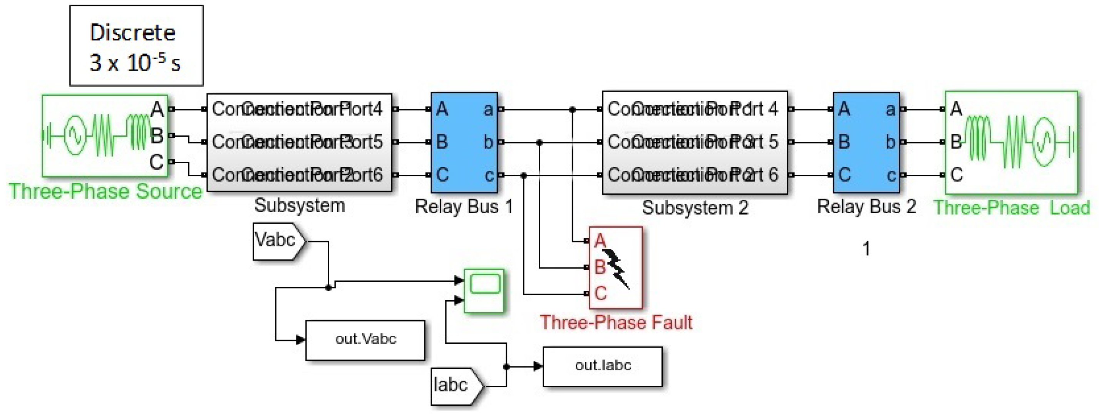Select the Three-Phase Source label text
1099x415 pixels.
pyautogui.click(x=106, y=191)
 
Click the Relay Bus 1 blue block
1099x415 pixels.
pyautogui.click(x=464, y=142)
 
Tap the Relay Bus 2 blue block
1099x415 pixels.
pyautogui.click(x=866, y=142)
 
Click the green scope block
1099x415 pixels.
pyautogui.click(x=484, y=290)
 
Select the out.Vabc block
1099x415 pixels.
pyautogui.click(x=365, y=340)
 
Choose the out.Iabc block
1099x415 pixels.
pyautogui.click(x=602, y=366)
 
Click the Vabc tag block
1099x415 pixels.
pyautogui.click(x=277, y=241)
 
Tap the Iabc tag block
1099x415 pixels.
pyautogui.click(x=454, y=386)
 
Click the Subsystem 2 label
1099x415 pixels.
pyautogui.click(x=695, y=208)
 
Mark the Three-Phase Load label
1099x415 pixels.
pyautogui.click(x=1012, y=208)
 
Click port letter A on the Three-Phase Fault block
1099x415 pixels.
pyautogui.click(x=600, y=241)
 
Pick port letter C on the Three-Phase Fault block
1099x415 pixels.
pyautogui.click(x=600, y=293)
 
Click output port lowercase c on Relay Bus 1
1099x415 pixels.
pyautogui.click(x=489, y=175)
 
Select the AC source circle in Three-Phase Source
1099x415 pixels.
pyautogui.click(x=75, y=136)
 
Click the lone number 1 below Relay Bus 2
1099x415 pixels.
pyautogui.click(x=866, y=249)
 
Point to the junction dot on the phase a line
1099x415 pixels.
pyautogui.click(x=573, y=110)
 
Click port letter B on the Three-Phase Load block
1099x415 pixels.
pyautogui.click(x=956, y=142)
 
